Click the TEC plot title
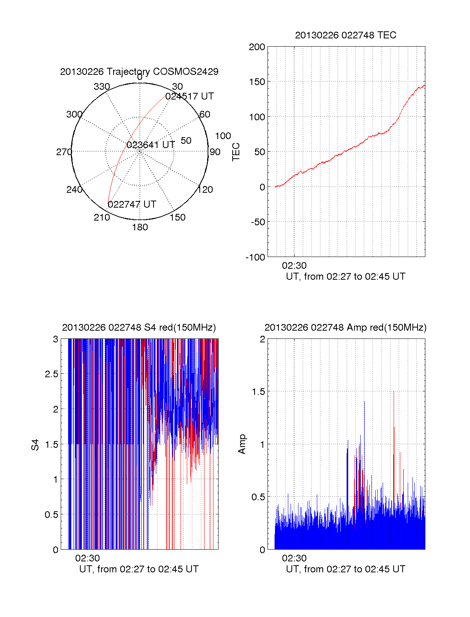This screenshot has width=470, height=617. [345, 35]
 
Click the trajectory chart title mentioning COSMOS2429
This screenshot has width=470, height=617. [139, 72]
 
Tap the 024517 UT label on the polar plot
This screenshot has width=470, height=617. [190, 96]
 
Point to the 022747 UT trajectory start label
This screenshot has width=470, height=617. [132, 204]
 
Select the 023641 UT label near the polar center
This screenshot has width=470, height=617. [150, 145]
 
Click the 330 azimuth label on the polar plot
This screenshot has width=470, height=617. [102, 87]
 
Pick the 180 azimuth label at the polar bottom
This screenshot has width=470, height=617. [140, 227]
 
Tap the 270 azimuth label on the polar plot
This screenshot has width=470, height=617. [64, 152]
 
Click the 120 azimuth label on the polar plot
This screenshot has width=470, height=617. [205, 190]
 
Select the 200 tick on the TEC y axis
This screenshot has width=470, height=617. [257, 47]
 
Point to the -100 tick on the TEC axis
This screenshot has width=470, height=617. [255, 257]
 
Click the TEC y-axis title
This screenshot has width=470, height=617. [236, 152]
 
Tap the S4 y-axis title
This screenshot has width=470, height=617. [35, 445]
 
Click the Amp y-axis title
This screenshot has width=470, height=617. [242, 444]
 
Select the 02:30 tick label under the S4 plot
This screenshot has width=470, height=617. [87, 558]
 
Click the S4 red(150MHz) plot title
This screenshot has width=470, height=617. [139, 327]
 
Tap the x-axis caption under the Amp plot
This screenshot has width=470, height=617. [345, 569]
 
